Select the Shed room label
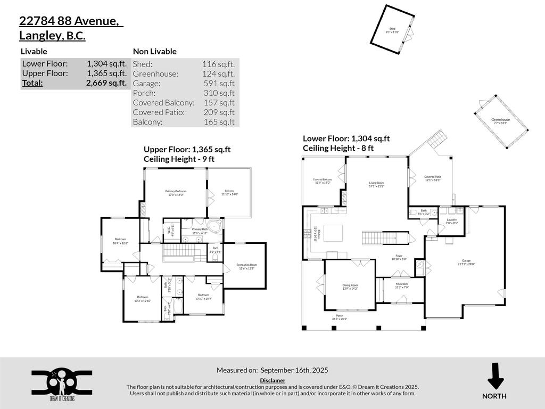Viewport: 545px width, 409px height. (392, 30)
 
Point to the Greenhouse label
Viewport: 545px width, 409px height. (500, 121)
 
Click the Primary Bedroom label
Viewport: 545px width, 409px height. (176, 192)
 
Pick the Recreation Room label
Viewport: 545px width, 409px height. (246, 266)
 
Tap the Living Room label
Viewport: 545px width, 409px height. (376, 184)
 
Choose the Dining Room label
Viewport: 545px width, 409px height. (350, 287)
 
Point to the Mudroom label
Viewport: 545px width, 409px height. (402, 285)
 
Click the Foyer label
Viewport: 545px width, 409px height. (399, 257)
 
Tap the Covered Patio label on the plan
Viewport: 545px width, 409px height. (433, 178)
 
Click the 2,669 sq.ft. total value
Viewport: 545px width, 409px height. (106, 83)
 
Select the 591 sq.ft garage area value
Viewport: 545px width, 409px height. (219, 84)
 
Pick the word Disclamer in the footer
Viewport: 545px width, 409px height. (272, 380)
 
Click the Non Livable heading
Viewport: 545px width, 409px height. (155, 52)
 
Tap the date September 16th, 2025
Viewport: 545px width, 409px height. (294, 370)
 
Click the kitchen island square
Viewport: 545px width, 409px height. (334, 233)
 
